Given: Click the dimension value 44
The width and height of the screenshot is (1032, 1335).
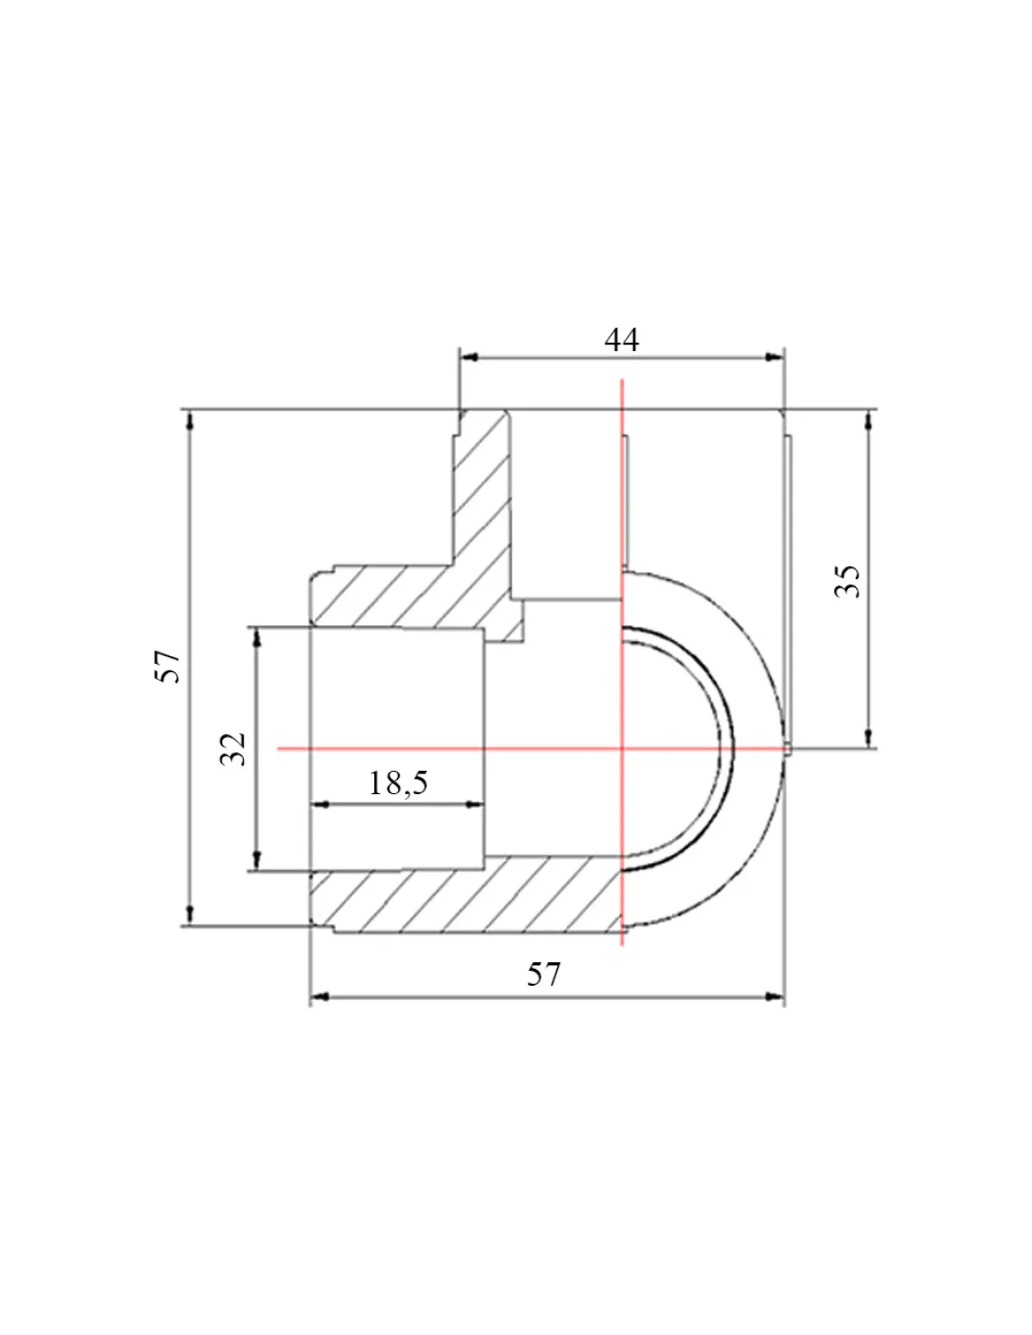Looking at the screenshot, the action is click(621, 340).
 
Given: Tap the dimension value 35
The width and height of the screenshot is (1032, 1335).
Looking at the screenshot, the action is click(847, 580).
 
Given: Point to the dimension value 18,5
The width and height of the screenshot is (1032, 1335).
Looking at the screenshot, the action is click(398, 783).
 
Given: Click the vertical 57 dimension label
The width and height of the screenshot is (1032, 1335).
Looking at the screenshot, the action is click(167, 667).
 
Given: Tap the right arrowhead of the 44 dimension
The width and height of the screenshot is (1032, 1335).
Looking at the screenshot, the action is click(775, 358).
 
